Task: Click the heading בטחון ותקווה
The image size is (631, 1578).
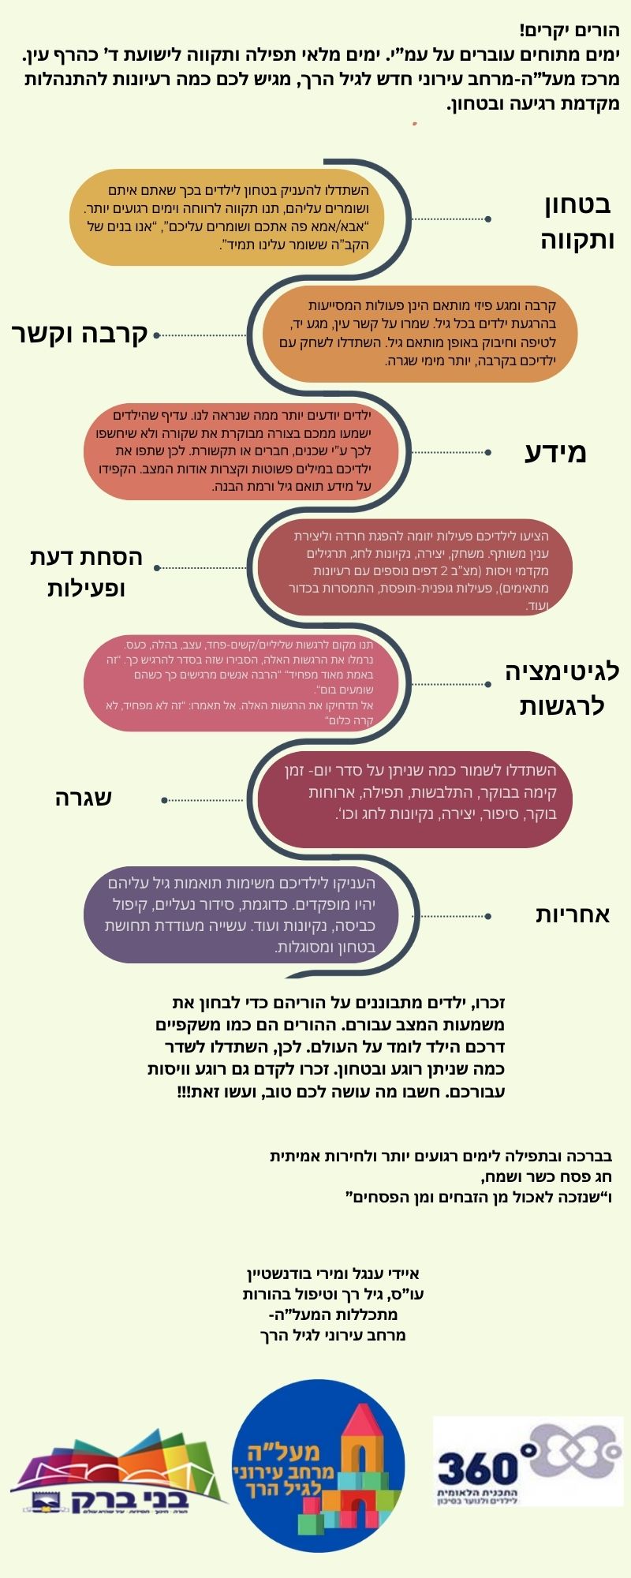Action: pos(577,222)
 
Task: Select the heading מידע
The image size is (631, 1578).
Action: pos(556,453)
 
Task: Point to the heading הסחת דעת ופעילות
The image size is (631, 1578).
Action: pos(87,572)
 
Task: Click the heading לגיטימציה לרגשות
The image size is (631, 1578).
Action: pos(562,688)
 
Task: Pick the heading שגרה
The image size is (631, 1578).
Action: pos(84,798)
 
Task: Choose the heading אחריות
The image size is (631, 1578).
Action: pos(573,914)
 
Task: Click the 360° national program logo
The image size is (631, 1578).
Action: pos(528,1461)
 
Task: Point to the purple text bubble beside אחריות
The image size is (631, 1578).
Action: pos(241,915)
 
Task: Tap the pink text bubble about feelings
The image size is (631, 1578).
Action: pos(241,683)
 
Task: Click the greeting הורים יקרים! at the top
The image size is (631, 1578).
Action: pos(569,32)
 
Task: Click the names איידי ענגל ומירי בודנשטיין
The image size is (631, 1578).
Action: pos(333,1273)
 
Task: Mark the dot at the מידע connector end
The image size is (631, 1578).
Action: pos(488,453)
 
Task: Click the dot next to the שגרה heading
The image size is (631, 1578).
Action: pos(164,800)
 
